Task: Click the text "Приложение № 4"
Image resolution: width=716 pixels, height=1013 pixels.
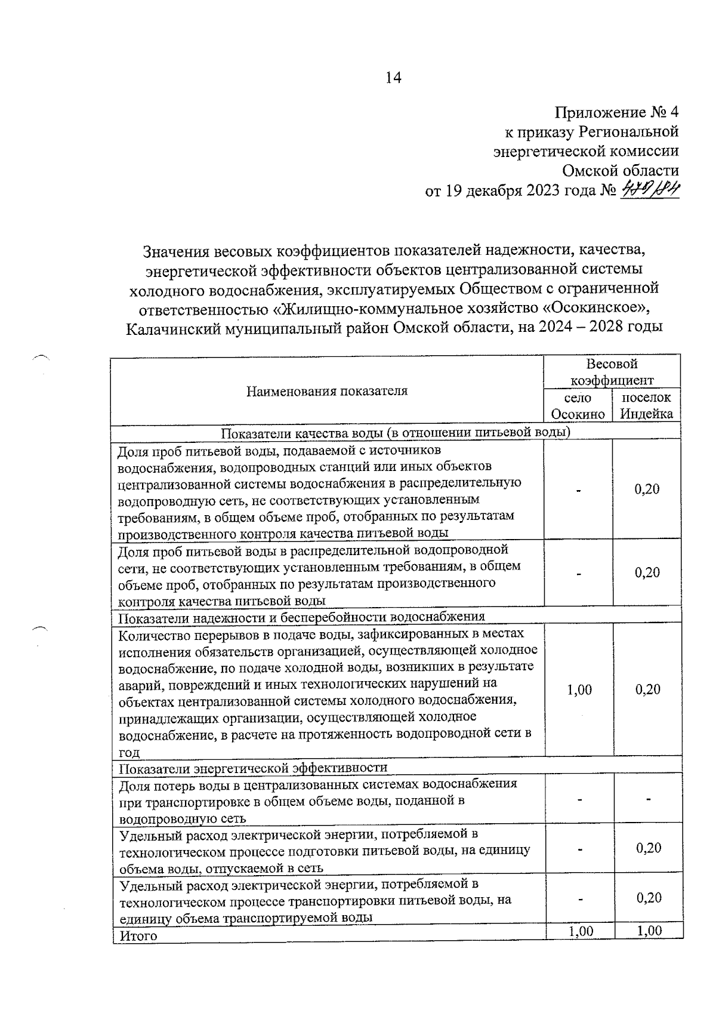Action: [x=617, y=112]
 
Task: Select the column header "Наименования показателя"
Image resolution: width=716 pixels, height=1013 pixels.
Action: [x=327, y=391]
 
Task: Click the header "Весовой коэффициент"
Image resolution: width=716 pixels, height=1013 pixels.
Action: [x=612, y=372]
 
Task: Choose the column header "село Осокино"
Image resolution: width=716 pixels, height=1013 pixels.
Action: [x=578, y=406]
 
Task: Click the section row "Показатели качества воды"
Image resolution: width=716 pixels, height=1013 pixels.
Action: [x=396, y=433]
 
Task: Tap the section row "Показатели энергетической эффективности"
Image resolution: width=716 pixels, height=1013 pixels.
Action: [x=254, y=767]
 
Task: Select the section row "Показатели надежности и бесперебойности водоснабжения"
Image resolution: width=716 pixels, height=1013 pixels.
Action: [x=302, y=616]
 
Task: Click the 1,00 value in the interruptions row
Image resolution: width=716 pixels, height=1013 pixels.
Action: [x=579, y=690]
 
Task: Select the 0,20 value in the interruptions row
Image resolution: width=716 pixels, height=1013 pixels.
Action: [x=647, y=690]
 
